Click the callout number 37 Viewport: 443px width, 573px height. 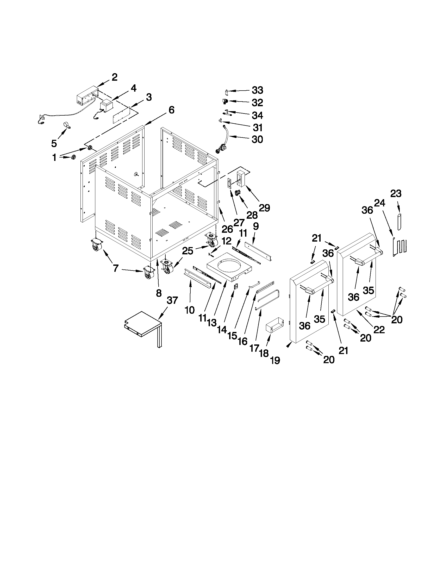click(x=172, y=300)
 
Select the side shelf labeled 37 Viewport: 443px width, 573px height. click(x=142, y=324)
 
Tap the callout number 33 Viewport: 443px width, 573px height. click(x=258, y=90)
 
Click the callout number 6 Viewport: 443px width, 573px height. click(x=171, y=110)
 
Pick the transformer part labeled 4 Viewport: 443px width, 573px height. click(x=105, y=107)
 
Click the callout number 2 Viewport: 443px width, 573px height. click(x=114, y=77)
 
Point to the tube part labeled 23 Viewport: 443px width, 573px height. click(x=399, y=222)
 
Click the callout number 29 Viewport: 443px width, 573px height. click(x=264, y=208)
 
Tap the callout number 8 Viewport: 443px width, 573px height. click(x=159, y=293)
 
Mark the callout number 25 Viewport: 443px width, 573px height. click(x=188, y=251)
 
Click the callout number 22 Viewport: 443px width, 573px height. click(x=379, y=330)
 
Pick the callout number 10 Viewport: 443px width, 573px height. click(x=190, y=310)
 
